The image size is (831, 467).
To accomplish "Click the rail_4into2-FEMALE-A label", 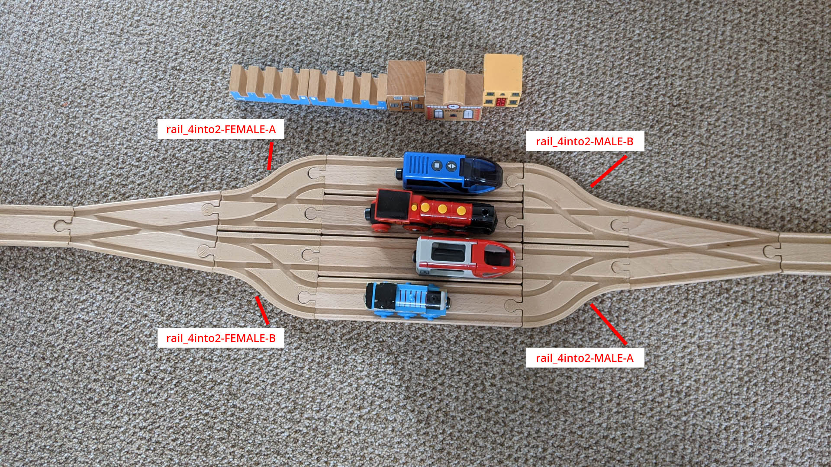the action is (221, 129).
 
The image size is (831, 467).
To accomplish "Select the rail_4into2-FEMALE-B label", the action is (221, 338).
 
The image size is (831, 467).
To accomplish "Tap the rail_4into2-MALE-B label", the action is (585, 141).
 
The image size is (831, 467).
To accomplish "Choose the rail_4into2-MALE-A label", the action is (585, 358).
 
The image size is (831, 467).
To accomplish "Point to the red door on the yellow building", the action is (502, 102).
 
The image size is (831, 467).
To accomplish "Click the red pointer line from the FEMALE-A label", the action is (271, 157).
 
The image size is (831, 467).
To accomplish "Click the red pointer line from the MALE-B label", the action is (609, 172).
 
